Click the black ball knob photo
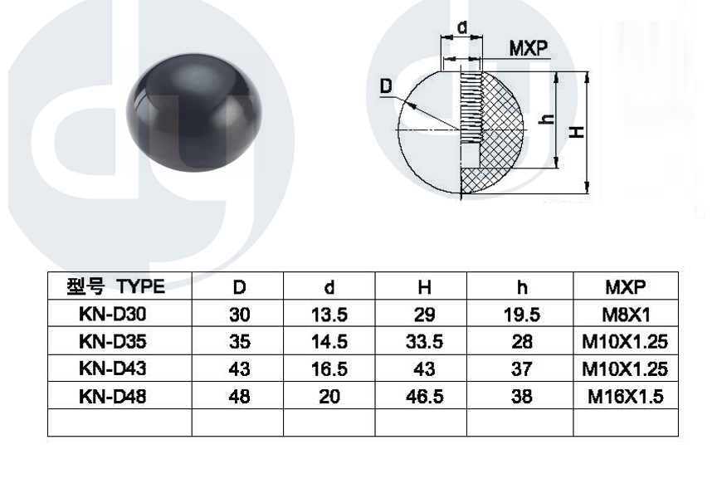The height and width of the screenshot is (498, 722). click(x=194, y=113)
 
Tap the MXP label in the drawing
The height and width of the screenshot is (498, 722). click(x=529, y=48)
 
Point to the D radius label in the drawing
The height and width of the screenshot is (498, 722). click(x=386, y=86)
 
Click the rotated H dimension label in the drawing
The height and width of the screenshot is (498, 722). click(x=576, y=132)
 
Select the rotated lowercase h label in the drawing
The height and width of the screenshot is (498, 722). click(x=547, y=119)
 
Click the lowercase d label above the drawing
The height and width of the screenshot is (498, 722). click(x=462, y=27)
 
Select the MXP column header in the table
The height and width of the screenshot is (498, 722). click(x=625, y=287)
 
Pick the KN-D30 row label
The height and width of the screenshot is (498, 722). click(x=112, y=315)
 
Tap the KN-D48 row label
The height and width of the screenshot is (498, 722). click(x=112, y=396)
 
